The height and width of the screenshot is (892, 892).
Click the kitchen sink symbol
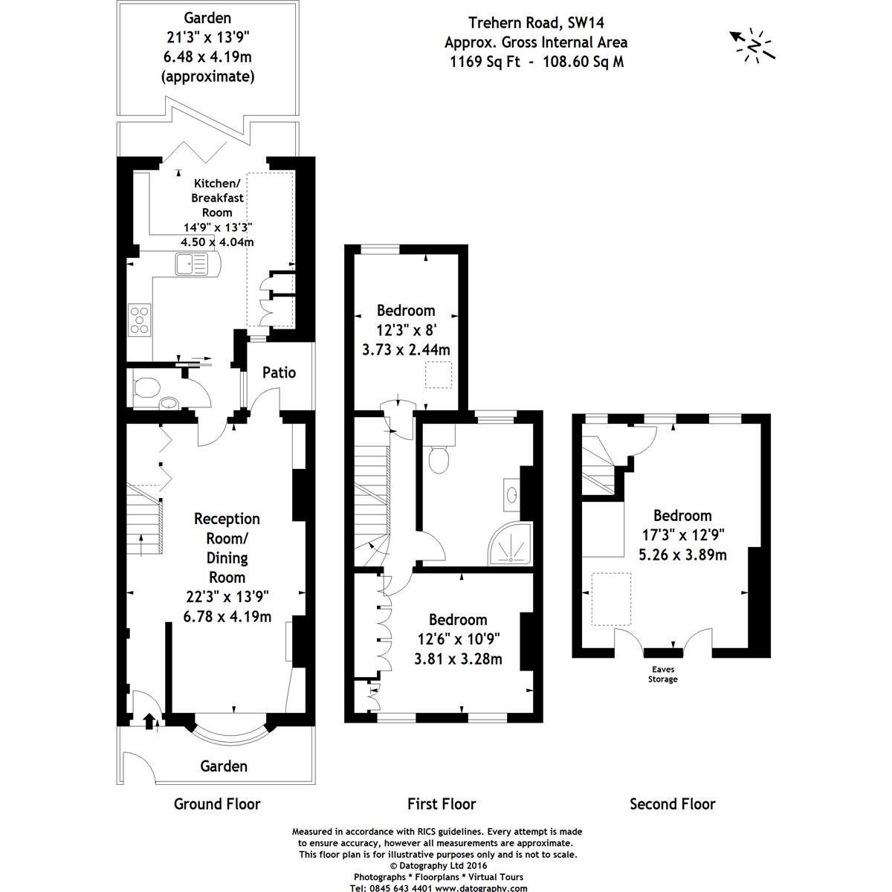[x=193, y=263]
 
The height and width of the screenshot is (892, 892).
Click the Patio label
[x=279, y=372]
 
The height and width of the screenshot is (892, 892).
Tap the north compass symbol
[x=754, y=45]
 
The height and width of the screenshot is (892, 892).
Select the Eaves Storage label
[x=662, y=674]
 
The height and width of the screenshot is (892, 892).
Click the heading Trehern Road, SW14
[x=534, y=23]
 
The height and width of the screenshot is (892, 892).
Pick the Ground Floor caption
[x=217, y=804]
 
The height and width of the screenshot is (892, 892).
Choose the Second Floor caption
[x=672, y=804]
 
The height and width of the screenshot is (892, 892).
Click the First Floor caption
[x=442, y=804]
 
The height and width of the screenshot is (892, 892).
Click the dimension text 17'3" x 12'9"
[x=682, y=534]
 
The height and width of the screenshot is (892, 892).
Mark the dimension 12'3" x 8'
[x=405, y=330]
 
